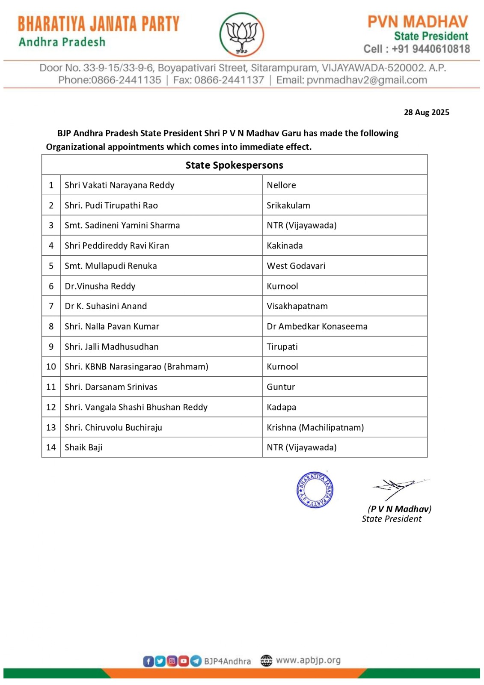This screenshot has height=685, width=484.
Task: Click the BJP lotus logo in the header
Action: pos(242,34)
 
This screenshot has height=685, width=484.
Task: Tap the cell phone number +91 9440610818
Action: pos(431,49)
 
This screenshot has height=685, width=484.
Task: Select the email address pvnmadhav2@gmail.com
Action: pos(367,80)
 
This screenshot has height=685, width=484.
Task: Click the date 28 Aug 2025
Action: pos(426,112)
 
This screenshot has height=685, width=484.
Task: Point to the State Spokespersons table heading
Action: pos(234,165)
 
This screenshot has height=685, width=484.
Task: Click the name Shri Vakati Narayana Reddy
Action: pos(119,185)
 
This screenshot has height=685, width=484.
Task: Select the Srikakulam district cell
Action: pos(288,205)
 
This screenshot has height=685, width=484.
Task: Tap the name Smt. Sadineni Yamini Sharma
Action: pos(122,226)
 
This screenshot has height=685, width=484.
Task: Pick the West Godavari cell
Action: pos(296,266)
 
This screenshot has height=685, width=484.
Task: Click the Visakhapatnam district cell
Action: pos(297,306)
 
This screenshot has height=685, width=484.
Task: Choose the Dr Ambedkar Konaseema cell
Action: pos(317,326)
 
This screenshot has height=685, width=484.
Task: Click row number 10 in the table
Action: pos(51,367)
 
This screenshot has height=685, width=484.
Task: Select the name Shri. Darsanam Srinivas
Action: pos(111,387)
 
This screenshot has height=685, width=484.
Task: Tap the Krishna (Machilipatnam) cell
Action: pos(315,427)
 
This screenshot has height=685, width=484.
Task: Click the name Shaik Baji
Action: pos(83,447)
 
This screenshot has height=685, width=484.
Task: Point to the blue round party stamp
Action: pos(315,490)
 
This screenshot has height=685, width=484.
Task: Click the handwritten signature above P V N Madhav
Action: pos(398,487)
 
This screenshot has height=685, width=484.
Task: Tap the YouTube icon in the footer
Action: pos(184,661)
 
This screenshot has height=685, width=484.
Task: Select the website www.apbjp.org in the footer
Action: pos(308,660)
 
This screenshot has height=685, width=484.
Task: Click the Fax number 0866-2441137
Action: pos(229,80)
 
